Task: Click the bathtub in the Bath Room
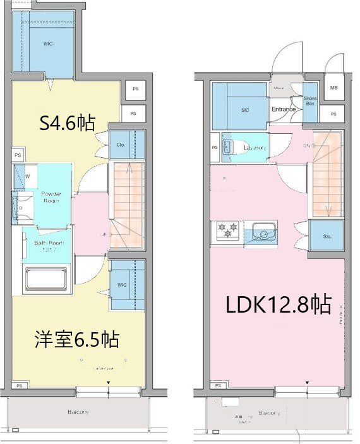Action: (x=45, y=278)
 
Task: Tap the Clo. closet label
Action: (x=120, y=145)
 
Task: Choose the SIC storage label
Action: (x=244, y=110)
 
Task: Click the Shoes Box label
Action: (x=310, y=100)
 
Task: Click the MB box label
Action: (x=333, y=88)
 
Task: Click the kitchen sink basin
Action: (x=261, y=232)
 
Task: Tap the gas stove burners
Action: (x=226, y=231)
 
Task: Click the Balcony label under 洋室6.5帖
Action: (x=78, y=412)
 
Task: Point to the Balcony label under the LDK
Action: (x=269, y=414)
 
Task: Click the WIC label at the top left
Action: (x=48, y=44)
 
